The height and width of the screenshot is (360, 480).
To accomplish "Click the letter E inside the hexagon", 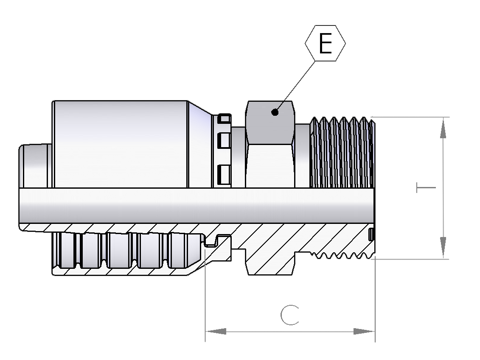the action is click(x=325, y=43).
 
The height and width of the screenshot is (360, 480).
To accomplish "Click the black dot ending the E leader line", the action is click(x=275, y=112).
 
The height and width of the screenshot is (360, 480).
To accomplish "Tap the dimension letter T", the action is click(x=426, y=187).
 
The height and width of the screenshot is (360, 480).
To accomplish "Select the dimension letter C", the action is click(x=289, y=315).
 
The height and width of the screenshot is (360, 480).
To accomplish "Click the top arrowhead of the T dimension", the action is click(x=443, y=128).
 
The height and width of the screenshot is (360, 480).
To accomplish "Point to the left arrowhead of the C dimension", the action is click(x=216, y=331).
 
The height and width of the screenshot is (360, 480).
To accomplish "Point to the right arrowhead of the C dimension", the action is click(x=364, y=331).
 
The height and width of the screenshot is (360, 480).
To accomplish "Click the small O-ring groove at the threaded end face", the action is click(x=371, y=234).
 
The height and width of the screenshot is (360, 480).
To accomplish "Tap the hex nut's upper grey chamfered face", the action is click(x=270, y=123).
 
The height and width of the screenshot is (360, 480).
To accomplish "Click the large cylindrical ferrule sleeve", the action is click(x=120, y=144).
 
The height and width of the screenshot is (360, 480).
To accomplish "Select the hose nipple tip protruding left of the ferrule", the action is click(x=35, y=166).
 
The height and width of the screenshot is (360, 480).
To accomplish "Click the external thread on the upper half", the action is click(x=342, y=152).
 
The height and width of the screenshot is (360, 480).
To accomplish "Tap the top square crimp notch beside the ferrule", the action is click(x=225, y=118).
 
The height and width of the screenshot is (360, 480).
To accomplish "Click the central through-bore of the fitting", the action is click(x=196, y=205).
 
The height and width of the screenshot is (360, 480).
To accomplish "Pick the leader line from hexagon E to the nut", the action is click(x=295, y=87).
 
